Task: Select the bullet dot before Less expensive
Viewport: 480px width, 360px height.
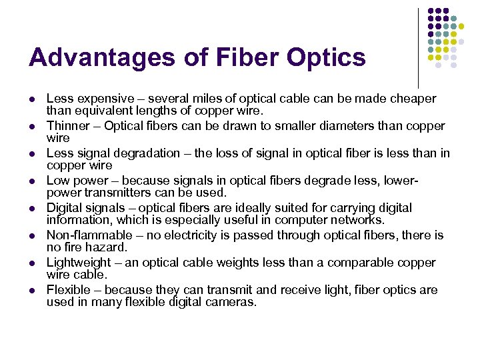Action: tap(32, 99)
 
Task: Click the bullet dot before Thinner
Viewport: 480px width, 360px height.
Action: tap(32, 127)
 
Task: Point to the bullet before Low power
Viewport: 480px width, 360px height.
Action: tap(32, 181)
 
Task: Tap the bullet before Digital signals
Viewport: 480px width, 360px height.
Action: tap(32, 209)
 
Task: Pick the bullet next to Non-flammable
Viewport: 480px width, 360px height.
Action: tap(32, 236)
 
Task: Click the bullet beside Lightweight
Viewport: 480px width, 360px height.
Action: tap(32, 263)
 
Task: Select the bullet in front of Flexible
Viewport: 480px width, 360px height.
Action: tap(32, 291)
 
